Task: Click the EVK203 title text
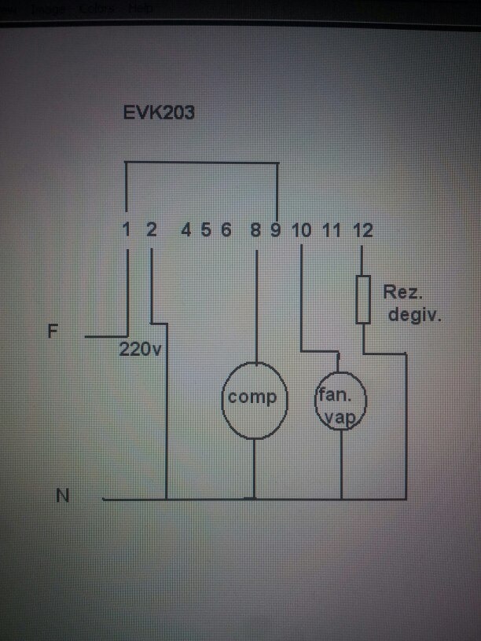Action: tap(159, 113)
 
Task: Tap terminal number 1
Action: tap(127, 230)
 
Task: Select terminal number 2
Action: tap(152, 230)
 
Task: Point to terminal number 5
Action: tap(206, 230)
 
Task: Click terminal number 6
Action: tap(226, 230)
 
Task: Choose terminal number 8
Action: tap(255, 230)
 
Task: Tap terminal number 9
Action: tap(276, 230)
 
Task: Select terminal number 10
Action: tap(302, 230)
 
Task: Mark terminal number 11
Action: tap(332, 230)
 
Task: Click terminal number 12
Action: tap(362, 230)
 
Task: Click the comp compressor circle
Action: tap(252, 399)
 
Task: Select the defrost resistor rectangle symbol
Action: tap(362, 299)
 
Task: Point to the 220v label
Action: tap(140, 350)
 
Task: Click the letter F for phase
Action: tap(53, 331)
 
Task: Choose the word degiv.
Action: tap(416, 316)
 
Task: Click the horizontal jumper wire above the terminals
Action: tap(202, 163)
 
